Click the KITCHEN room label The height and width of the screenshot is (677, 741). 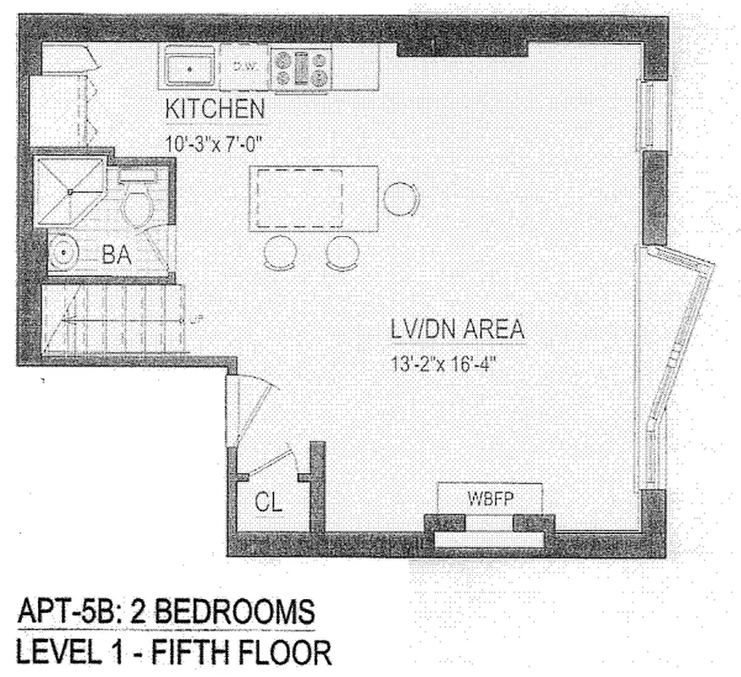pyautogui.click(x=215, y=112)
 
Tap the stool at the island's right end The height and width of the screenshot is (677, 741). pyautogui.click(x=400, y=199)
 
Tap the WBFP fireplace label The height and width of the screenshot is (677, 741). pyautogui.click(x=489, y=498)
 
